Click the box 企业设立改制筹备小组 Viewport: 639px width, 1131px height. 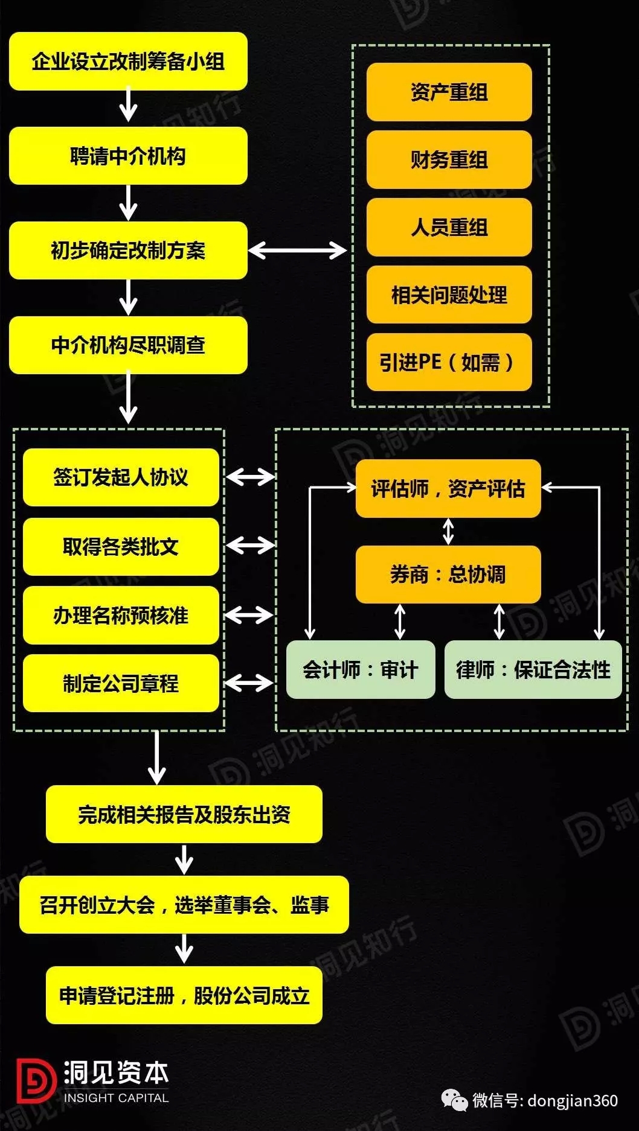point(128,62)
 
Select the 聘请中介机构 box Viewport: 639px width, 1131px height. point(128,156)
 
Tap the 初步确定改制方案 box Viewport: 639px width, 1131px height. point(128,250)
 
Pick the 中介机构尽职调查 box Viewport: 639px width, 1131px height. point(128,345)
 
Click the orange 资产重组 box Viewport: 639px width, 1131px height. point(449,92)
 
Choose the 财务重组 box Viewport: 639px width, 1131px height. point(449,160)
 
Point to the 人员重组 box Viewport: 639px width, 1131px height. point(449,228)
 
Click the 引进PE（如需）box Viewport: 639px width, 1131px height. point(449,362)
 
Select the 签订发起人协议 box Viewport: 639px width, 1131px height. point(121,477)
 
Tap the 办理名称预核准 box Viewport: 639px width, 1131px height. point(121,615)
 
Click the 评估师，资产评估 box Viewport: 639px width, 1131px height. point(448,489)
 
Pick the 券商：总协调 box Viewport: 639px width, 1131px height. point(448,575)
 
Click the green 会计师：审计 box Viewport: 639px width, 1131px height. point(360,670)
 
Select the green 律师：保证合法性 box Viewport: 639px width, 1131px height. point(533,670)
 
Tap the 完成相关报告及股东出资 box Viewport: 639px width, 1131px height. point(184,815)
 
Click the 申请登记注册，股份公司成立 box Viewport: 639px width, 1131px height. point(184,995)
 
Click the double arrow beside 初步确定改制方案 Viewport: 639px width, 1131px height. point(297,250)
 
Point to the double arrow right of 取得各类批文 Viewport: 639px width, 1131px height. point(250,546)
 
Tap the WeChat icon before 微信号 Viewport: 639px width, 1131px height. point(454,1100)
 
